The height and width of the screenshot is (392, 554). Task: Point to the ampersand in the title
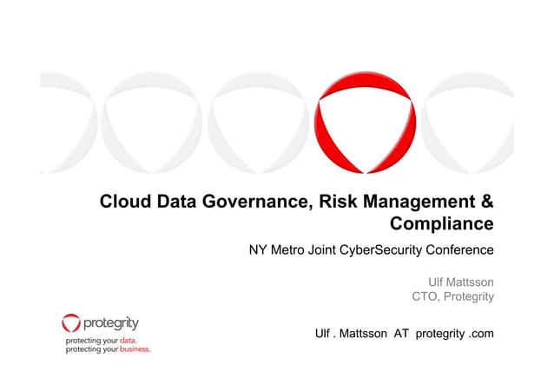[488, 203]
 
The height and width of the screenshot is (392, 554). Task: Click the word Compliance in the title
[442, 225]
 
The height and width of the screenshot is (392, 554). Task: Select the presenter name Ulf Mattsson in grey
[461, 282]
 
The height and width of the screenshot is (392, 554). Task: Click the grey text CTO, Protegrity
[452, 298]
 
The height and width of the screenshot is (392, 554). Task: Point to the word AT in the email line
[401, 334]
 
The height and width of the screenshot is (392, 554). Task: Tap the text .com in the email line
[480, 334]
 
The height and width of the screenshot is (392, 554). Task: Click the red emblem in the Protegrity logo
[71, 324]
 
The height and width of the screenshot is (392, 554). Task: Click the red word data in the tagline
[128, 340]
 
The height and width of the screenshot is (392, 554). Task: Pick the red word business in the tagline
[135, 349]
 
